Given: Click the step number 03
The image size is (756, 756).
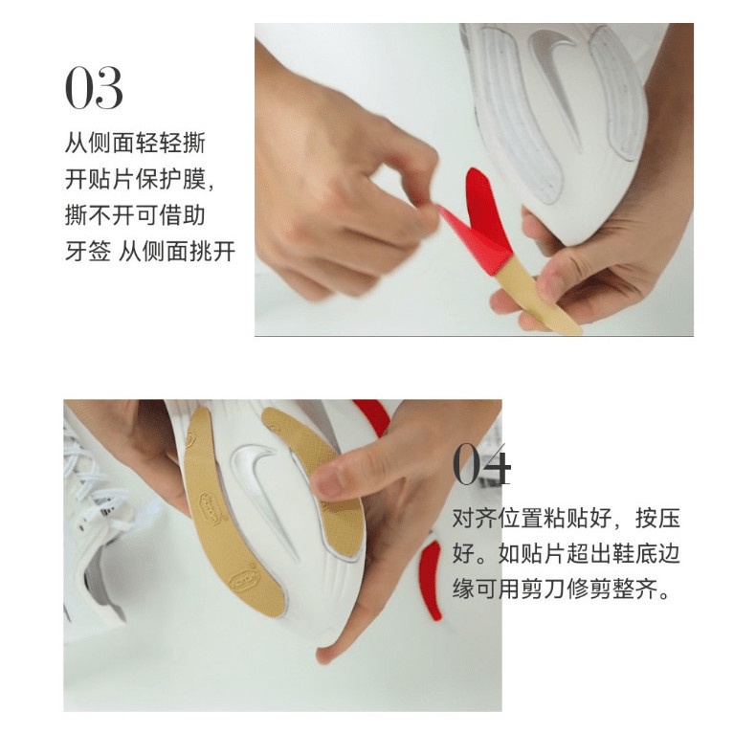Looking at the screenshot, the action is coord(94,88).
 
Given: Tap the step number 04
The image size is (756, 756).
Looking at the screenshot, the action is coord(481,465).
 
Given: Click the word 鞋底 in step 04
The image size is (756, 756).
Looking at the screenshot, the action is coord(634,553).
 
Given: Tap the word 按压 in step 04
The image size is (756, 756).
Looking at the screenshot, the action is coord(657,519).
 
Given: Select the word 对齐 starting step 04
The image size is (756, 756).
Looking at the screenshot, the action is coord(476,519).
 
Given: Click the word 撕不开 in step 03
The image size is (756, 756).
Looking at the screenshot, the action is coord(100,215).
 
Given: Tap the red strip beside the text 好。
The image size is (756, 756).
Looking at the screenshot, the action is coord(432,579).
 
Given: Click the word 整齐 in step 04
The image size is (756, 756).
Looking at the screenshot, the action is coord(634,589).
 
